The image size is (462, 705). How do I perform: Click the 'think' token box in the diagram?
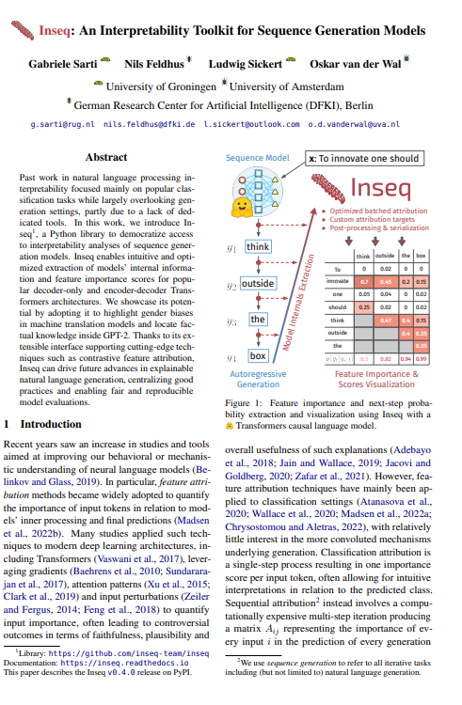point(257,246)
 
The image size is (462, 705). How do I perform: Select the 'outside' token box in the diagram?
point(256,282)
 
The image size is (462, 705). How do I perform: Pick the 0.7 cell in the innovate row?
point(364,280)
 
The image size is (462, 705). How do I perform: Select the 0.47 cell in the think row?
point(384,320)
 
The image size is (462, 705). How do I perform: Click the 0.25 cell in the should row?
point(364,306)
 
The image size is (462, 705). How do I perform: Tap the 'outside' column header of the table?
point(384,255)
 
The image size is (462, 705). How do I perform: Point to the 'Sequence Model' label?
point(256,160)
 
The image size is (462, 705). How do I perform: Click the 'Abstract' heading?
point(105,156)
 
